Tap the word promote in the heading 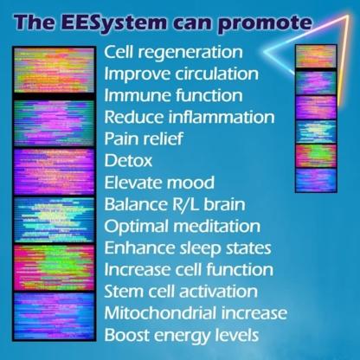[x=265, y=23]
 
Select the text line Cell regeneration [x=173, y=53]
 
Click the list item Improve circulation [x=181, y=74]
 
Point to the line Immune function [x=173, y=95]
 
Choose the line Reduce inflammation [x=190, y=118]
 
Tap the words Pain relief [x=144, y=138]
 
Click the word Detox [x=128, y=161]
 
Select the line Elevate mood [x=159, y=183]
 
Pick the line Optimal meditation [x=183, y=227]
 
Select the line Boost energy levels [x=182, y=335]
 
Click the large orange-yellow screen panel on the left [x=55, y=70]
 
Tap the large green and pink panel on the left [x=55, y=268]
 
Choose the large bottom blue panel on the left [x=55, y=316]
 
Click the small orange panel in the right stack [x=316, y=56]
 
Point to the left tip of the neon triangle [x=265, y=52]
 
